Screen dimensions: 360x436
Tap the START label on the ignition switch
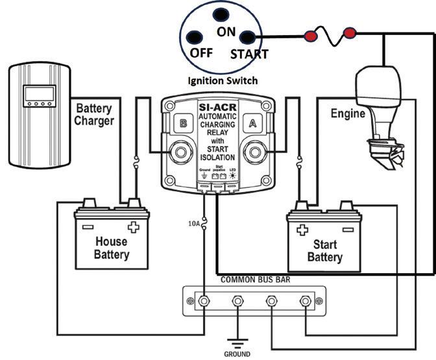pos(249,54)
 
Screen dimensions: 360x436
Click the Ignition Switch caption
pos(223,81)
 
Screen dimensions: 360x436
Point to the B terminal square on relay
pos(184,120)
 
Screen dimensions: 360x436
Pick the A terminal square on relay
pos(252,120)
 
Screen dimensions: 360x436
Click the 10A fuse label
pos(195,224)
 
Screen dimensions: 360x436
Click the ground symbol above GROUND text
pos(236,341)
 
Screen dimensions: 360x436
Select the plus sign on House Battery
pos(134,228)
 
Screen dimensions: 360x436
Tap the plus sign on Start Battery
pos(302,230)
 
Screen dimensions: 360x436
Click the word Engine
pos(348,114)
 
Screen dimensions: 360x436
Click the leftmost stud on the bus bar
pos(204,302)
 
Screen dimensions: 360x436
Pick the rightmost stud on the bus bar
pos(305,302)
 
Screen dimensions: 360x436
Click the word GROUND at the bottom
pos(237,355)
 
